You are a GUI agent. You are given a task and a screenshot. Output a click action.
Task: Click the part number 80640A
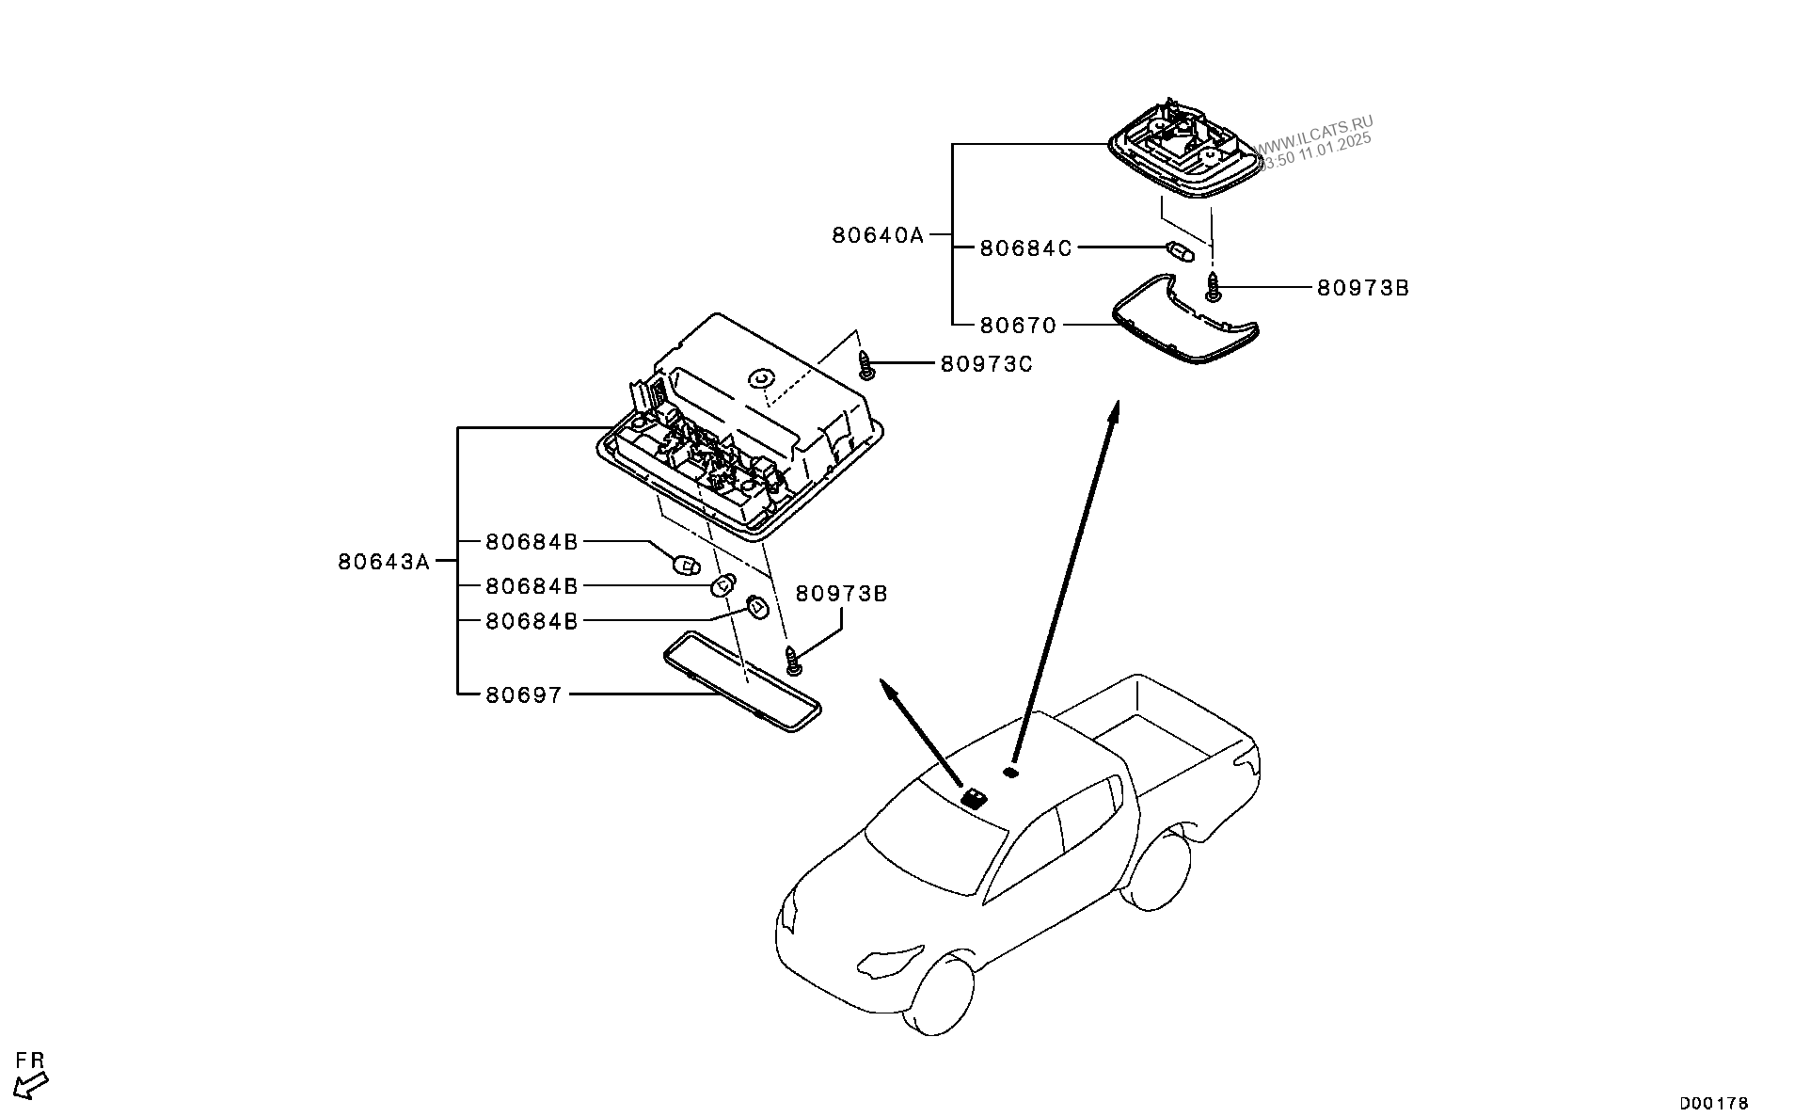click(x=878, y=235)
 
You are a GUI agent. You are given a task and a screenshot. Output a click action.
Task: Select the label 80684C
click(x=1025, y=248)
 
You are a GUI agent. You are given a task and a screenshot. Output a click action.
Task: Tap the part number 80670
click(x=1018, y=326)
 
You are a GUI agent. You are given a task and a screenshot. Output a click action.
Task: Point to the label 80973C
click(x=986, y=363)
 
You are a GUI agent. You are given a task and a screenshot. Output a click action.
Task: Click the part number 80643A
click(x=384, y=563)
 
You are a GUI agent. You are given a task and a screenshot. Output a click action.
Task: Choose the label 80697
click(x=524, y=695)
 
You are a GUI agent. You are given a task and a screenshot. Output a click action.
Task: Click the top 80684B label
click(x=532, y=542)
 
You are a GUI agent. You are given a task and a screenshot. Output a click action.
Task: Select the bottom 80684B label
click(x=532, y=621)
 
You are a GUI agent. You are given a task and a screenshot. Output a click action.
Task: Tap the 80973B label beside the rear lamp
click(x=1362, y=288)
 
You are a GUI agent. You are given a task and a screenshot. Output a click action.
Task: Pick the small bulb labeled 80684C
click(x=1179, y=252)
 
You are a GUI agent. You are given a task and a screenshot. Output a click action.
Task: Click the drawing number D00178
click(x=1714, y=1103)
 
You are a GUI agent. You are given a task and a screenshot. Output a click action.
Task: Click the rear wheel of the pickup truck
click(x=1158, y=870)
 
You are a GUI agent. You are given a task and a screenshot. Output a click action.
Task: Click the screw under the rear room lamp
click(x=1214, y=286)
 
